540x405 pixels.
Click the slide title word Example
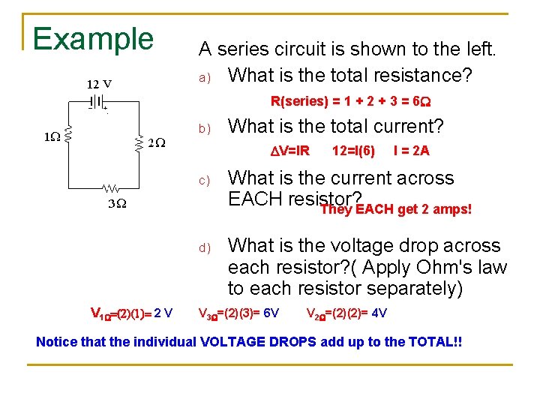[x=93, y=39]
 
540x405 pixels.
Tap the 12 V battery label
[x=99, y=82]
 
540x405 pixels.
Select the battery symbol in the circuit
[x=97, y=100]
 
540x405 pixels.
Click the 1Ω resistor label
[x=51, y=137]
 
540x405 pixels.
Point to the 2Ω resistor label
[x=157, y=142]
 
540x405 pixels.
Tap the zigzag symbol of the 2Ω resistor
[x=139, y=142]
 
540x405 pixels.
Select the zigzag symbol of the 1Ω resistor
[x=67, y=136]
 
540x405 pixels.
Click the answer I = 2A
[x=412, y=151]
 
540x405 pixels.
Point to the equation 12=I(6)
[x=354, y=151]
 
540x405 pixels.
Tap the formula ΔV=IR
[x=290, y=151]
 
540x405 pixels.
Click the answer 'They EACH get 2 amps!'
[x=396, y=209]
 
